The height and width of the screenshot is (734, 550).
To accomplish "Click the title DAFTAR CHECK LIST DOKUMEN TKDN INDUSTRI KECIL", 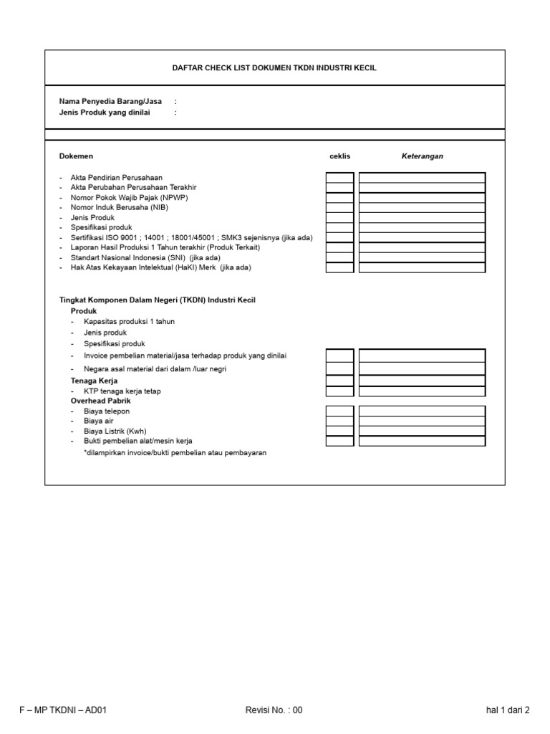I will pyautogui.click(x=274, y=68).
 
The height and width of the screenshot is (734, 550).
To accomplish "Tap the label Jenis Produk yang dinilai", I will pyautogui.click(x=105, y=113).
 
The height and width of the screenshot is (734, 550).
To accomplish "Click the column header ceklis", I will pyautogui.click(x=339, y=156).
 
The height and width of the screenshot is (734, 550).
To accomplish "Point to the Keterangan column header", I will pyautogui.click(x=422, y=156).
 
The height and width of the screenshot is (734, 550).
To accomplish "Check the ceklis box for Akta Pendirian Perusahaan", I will pyautogui.click(x=339, y=178).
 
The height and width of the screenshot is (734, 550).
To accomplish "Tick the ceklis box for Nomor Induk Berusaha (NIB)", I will pyautogui.click(x=339, y=208).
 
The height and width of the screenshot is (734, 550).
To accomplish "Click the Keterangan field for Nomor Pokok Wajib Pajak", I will pyautogui.click(x=422, y=198).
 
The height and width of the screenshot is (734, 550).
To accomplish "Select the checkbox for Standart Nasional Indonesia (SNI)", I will pyautogui.click(x=339, y=257).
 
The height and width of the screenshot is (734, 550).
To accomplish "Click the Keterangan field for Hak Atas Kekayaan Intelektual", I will pyautogui.click(x=422, y=267).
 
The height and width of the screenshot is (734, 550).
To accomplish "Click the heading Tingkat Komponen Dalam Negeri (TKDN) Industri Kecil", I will pyautogui.click(x=157, y=300).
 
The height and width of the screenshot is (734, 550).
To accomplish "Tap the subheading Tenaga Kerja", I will pyautogui.click(x=94, y=380).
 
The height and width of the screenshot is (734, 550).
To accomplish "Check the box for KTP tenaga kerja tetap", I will pyautogui.click(x=339, y=391).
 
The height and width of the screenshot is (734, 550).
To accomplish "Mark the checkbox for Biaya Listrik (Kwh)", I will pyautogui.click(x=339, y=431).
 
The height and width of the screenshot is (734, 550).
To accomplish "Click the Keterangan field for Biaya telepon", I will pyautogui.click(x=422, y=411).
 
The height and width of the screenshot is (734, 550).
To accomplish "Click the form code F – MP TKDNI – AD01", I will pyautogui.click(x=64, y=710).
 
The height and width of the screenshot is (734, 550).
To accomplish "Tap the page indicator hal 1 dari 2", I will pyautogui.click(x=508, y=710).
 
